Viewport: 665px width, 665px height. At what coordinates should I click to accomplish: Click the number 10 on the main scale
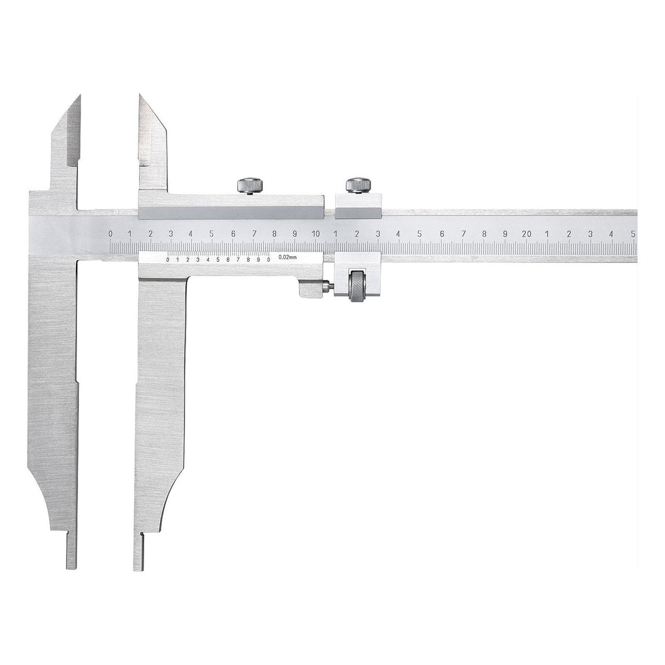(x=316, y=234)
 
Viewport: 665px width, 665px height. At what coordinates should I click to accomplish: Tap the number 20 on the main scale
(x=526, y=234)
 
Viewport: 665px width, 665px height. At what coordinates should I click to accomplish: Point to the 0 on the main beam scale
(x=111, y=234)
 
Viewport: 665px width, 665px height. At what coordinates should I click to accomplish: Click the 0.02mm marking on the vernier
(x=288, y=256)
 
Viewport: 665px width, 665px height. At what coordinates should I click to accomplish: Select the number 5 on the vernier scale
(x=218, y=260)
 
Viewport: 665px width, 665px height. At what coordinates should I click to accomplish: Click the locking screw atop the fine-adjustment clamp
(x=358, y=185)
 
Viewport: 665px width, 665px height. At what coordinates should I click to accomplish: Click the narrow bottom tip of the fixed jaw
(x=72, y=553)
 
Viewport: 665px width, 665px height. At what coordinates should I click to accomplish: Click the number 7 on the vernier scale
(x=238, y=260)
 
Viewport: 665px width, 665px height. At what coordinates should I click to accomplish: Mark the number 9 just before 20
(x=505, y=234)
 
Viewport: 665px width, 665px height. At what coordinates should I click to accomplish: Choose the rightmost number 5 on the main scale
(x=633, y=234)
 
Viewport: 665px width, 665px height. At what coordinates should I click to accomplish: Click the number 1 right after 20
(x=547, y=234)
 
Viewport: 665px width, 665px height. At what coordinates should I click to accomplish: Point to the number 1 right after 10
(x=336, y=234)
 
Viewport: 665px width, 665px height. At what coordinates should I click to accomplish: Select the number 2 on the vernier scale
(x=188, y=260)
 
